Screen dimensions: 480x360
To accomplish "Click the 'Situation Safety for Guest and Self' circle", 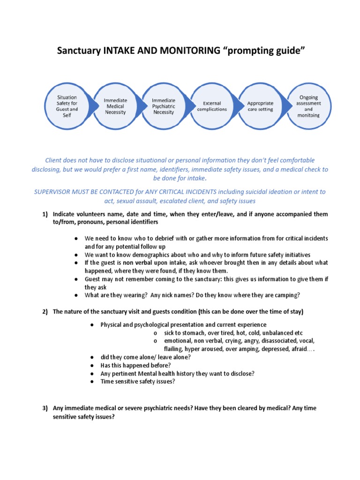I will [x=67, y=106].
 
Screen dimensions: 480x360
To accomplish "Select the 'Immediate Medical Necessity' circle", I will [x=115, y=106].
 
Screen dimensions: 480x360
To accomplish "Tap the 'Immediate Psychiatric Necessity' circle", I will [x=164, y=106].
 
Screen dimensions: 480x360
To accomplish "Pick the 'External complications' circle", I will [x=212, y=106].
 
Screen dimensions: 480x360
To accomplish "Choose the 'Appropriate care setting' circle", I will [x=260, y=106].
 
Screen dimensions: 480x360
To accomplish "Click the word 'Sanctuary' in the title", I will [x=78, y=50].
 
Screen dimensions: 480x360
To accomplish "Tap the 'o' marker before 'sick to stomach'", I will [x=155, y=333].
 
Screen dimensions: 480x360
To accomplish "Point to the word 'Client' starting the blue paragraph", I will [x=53, y=160].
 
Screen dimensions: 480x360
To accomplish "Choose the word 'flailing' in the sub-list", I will [x=173, y=349].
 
